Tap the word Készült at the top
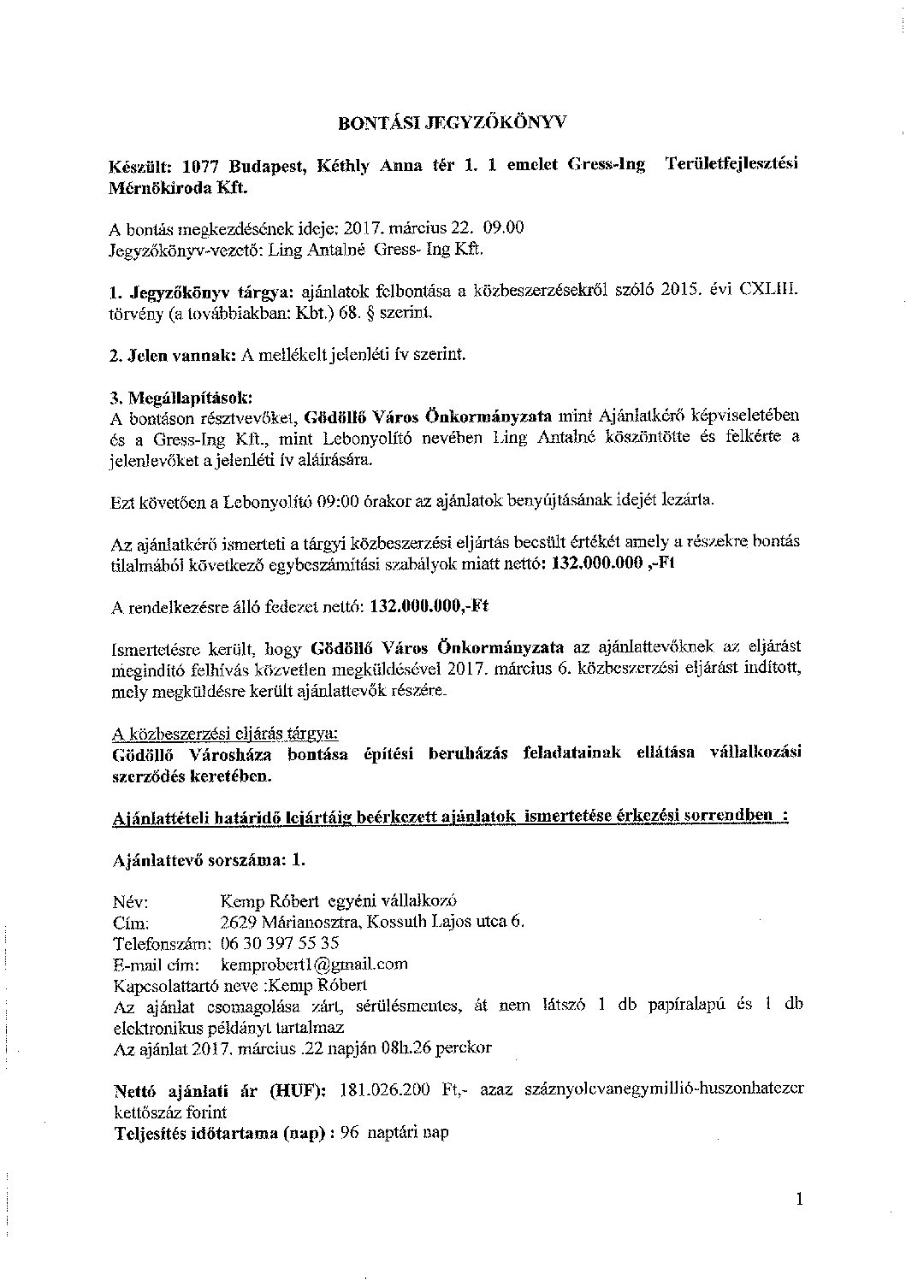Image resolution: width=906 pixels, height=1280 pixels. (141, 167)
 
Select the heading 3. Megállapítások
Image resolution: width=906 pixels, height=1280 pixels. (182, 398)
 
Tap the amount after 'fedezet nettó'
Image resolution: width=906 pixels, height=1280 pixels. (430, 606)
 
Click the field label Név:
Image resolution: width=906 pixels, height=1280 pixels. (130, 901)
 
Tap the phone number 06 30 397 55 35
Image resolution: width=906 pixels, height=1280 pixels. (280, 943)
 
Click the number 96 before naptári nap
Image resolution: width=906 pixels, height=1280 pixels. (348, 1133)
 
